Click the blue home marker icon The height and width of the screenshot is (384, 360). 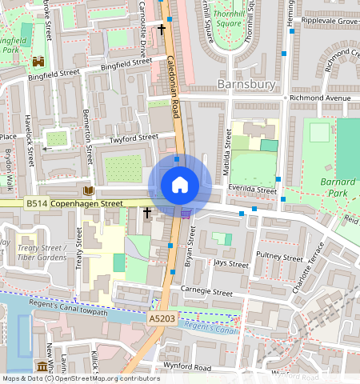[x=180, y=186]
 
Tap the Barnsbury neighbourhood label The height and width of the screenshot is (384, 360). [x=246, y=84]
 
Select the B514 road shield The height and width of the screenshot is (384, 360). [x=36, y=204]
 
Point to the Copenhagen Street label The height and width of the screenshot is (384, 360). [x=87, y=204]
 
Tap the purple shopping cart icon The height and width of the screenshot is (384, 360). [x=186, y=213]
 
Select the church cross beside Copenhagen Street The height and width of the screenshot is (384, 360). [x=146, y=213]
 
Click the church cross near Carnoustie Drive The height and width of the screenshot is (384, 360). [x=162, y=30]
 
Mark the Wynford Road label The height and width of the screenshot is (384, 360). [x=189, y=368]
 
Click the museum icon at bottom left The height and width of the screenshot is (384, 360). [x=41, y=366]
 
